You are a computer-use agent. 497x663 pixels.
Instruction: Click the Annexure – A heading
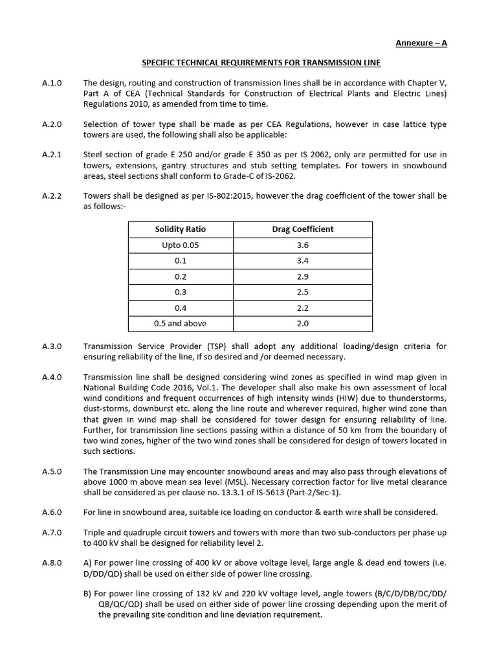(421, 43)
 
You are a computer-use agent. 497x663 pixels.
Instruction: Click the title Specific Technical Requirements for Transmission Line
(261, 63)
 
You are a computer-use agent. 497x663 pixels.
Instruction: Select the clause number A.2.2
(50, 196)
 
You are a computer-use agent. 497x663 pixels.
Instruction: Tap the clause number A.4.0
(50, 377)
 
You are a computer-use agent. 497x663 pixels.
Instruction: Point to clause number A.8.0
(50, 563)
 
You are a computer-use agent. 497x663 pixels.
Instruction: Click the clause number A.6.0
(50, 512)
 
